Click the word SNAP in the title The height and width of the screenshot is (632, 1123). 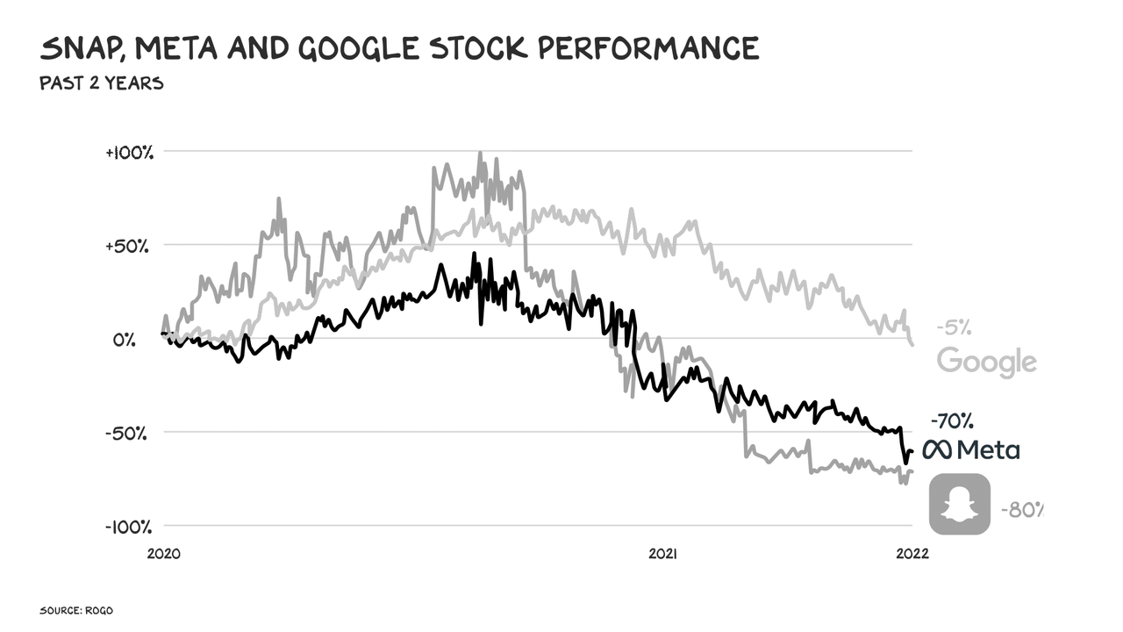[x=81, y=49]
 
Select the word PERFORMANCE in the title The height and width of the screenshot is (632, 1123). [x=647, y=49]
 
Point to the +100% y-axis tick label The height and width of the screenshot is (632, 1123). [x=129, y=152]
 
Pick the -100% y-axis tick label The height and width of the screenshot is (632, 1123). [x=128, y=527]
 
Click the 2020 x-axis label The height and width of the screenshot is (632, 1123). [x=164, y=554]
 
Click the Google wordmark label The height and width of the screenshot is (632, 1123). [x=987, y=361]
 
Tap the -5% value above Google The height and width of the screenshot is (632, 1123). [x=955, y=327]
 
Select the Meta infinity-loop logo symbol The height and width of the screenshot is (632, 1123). [x=937, y=450]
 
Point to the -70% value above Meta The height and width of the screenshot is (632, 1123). [x=951, y=420]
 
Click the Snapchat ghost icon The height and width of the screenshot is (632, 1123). [x=960, y=504]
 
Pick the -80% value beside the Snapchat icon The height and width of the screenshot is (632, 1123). [x=1022, y=509]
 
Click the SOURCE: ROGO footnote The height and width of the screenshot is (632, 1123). [x=75, y=609]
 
